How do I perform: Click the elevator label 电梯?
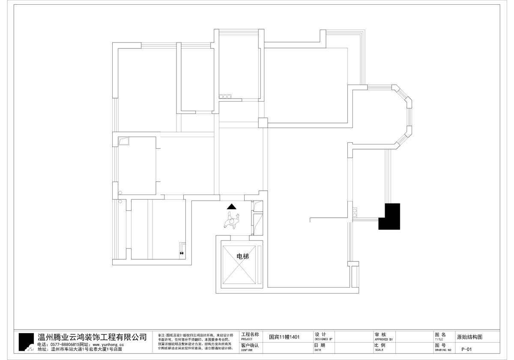[243, 256]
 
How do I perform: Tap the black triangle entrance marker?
[232, 207]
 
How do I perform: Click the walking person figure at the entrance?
[232, 222]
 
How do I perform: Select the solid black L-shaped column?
[390, 216]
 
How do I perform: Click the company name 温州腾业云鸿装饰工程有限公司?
[93, 337]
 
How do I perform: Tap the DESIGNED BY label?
[323, 339]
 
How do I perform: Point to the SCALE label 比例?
[380, 345]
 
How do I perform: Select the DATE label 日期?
[320, 345]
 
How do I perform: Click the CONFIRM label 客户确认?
[250, 345]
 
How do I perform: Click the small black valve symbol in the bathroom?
[182, 253]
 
